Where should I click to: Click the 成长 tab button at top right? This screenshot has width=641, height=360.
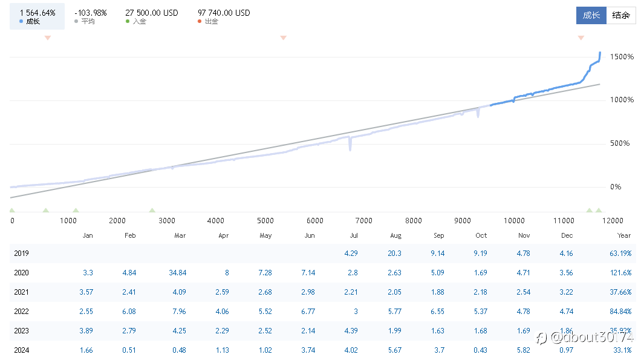click(591, 16)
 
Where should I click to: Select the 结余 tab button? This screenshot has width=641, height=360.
click(621, 16)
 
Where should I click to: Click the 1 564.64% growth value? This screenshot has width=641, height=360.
click(37, 13)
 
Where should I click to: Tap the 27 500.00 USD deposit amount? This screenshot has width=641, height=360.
click(151, 13)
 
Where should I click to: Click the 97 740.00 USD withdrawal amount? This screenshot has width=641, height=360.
click(224, 13)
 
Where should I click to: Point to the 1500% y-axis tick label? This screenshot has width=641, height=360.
click(622, 57)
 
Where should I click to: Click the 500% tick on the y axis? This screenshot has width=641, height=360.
click(623, 143)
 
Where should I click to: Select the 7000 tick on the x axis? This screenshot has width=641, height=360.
click(364, 221)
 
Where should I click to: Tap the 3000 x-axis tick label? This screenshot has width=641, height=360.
click(167, 221)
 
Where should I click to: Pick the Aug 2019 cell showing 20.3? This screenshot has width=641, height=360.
click(395, 254)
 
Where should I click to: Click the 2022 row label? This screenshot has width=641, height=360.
click(21, 312)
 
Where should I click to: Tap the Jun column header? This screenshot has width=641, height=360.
click(310, 235)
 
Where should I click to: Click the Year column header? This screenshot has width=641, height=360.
click(624, 235)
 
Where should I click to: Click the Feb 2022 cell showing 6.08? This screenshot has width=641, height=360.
click(131, 312)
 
